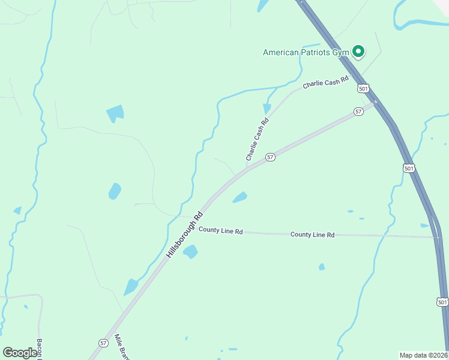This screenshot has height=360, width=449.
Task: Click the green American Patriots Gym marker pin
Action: (x=358, y=52)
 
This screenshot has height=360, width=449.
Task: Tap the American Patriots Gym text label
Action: (x=306, y=52)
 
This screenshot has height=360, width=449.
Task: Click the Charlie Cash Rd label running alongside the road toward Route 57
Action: (x=257, y=139)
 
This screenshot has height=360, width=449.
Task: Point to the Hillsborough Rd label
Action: (x=185, y=234)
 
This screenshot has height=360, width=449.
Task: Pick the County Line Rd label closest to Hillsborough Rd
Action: (x=220, y=230)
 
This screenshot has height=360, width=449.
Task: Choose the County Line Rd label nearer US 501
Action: (x=312, y=235)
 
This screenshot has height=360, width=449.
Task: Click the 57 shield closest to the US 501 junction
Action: (x=358, y=112)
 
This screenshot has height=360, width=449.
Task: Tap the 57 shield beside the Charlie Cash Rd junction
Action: (x=270, y=157)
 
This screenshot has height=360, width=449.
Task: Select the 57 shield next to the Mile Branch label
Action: (x=103, y=343)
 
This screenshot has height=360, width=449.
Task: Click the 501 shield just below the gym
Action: (x=363, y=88)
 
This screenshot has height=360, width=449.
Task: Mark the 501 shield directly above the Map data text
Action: (x=442, y=302)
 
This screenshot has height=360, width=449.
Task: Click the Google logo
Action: (x=20, y=353)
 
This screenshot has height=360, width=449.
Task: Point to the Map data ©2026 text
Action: (x=424, y=355)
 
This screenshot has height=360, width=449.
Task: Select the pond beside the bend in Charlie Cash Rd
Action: (x=267, y=108)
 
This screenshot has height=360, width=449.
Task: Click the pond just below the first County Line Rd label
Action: (x=190, y=252)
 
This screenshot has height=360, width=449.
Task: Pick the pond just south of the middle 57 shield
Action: (x=240, y=197)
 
